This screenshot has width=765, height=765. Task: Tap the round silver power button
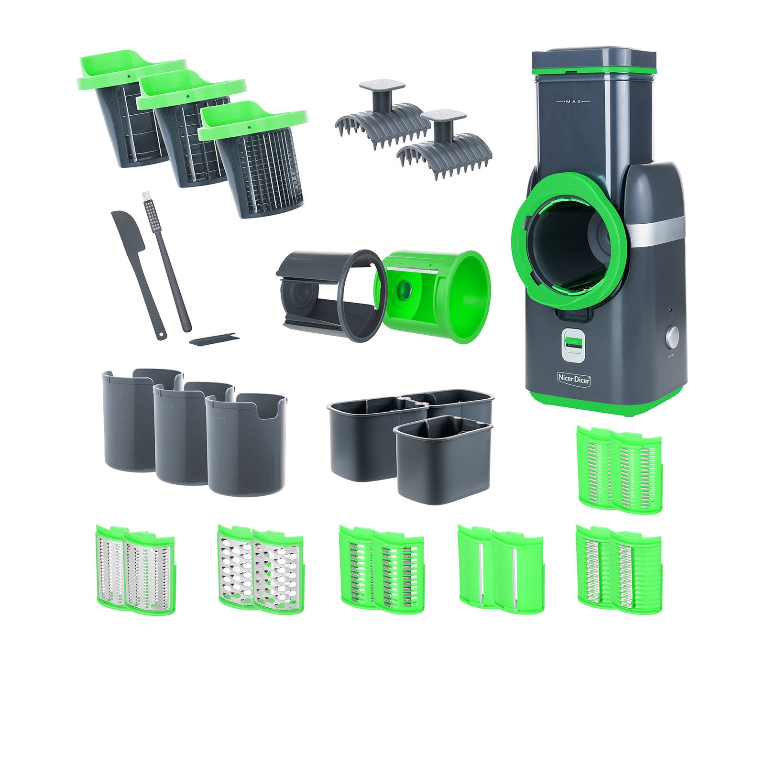click(x=672, y=338)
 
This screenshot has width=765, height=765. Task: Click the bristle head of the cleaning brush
click(x=149, y=210)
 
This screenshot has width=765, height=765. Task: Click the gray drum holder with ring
click(x=330, y=296)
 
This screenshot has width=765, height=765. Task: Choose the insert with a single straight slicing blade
click(x=501, y=569)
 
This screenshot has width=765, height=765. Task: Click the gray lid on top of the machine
click(x=594, y=57)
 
